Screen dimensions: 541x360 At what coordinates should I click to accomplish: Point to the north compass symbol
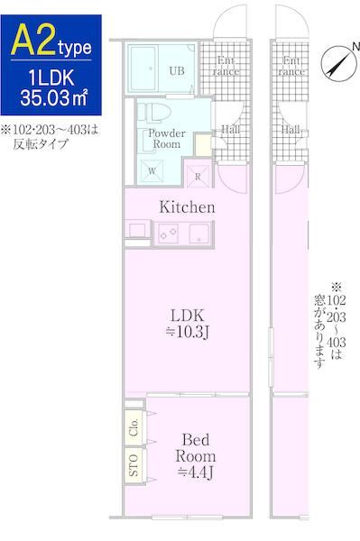(x=337, y=62)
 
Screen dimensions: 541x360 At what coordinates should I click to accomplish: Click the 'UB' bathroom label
(x=179, y=69)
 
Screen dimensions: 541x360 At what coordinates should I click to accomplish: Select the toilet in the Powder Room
(x=155, y=111)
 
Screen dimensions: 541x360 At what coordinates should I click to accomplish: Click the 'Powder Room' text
(x=165, y=139)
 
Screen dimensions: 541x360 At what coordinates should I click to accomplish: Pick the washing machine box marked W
(x=150, y=169)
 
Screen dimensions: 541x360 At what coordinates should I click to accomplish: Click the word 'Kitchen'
(x=187, y=207)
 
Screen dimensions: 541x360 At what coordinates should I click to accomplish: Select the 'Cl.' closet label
(x=134, y=428)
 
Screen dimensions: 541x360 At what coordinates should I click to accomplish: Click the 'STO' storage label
(x=134, y=465)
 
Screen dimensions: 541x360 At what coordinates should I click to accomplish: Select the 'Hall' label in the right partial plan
(x=291, y=129)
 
